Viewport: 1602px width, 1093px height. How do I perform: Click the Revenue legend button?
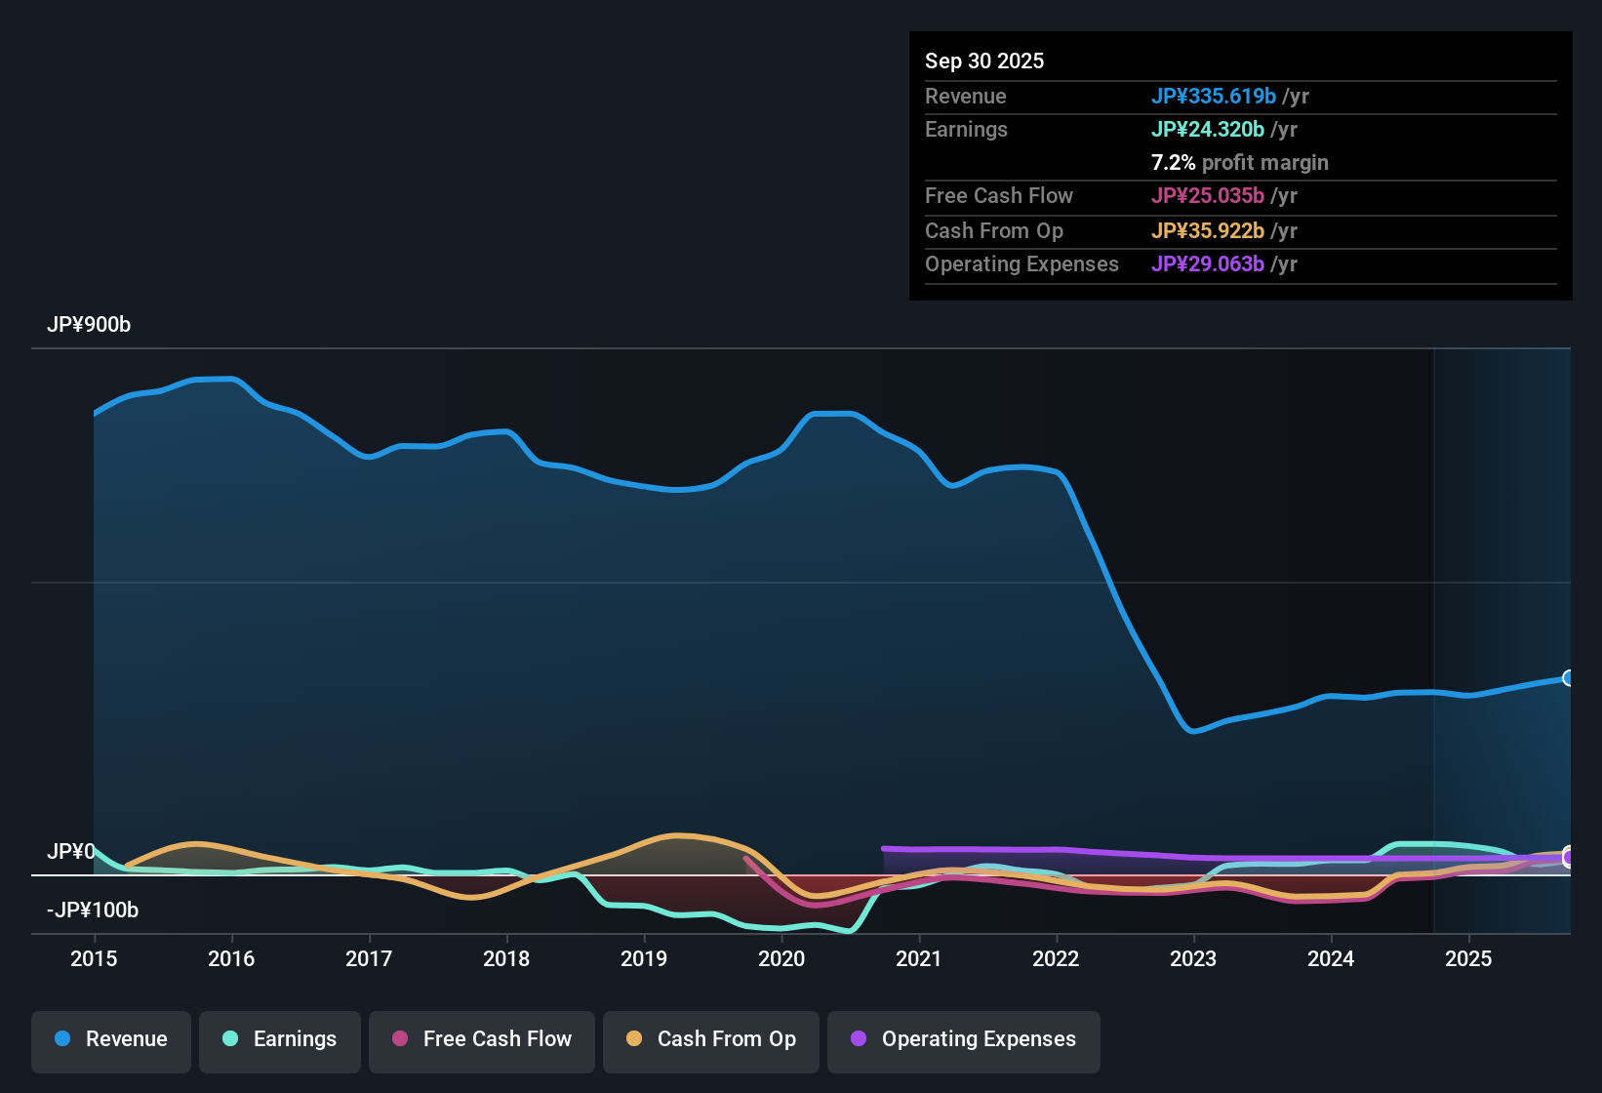coord(111,1039)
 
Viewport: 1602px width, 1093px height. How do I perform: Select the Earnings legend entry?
coord(280,1039)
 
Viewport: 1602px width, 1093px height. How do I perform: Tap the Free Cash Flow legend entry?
coord(482,1039)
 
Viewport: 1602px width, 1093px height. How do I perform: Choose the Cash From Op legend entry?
coord(711,1039)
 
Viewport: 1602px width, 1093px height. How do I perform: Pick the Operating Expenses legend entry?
coord(964,1039)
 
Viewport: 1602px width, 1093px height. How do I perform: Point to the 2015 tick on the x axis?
coord(94,958)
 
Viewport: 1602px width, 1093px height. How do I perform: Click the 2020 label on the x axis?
coord(781,958)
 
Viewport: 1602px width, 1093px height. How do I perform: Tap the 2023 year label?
coord(1193,958)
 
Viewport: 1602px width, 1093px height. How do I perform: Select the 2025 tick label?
coord(1468,958)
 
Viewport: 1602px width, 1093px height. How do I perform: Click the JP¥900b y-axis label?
coord(89,325)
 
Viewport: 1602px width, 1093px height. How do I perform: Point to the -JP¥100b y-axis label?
coord(93,911)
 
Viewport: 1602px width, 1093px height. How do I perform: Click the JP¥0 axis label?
coord(71,852)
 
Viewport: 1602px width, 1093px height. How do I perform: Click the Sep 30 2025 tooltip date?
coord(984,61)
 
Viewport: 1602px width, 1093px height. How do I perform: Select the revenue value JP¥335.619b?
coord(1213,96)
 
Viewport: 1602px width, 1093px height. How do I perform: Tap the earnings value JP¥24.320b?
coord(1207,129)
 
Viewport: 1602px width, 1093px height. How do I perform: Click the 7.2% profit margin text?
coord(1239,163)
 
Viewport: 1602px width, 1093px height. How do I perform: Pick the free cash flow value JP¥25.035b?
coord(1207,195)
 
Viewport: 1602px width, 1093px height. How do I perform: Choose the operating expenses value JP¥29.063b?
coord(1207,263)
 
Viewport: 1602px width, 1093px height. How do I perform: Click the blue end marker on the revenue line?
coord(1568,677)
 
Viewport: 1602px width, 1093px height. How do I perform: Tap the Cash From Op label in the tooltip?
coord(993,230)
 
